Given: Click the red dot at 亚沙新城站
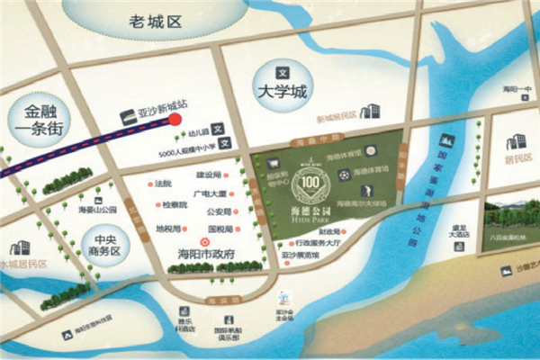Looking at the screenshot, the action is [176, 118].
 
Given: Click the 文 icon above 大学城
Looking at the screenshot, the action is [281, 71].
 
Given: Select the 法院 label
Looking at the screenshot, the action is [163, 184].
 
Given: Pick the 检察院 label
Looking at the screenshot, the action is [175, 205].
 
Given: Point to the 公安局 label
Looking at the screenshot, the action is [219, 212].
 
